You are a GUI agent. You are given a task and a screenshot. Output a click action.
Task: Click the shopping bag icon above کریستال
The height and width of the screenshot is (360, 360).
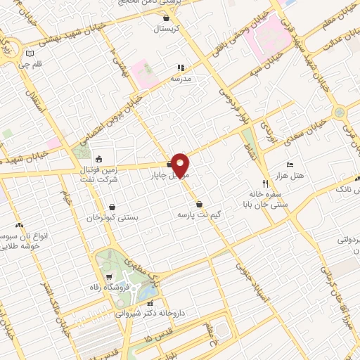click(x=166, y=18)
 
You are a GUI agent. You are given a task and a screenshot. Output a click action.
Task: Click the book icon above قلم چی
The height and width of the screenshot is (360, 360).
click(x=29, y=53)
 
